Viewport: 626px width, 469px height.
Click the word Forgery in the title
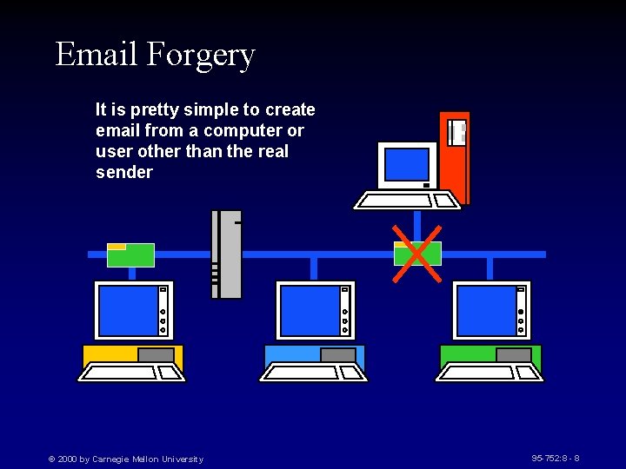coord(201,55)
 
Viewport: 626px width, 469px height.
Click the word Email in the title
coord(97,54)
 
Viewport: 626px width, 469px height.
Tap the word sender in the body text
coord(124,172)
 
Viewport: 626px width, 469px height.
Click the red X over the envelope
coord(415,254)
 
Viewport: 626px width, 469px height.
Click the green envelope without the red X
coord(130,254)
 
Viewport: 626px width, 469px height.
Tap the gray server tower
coord(229,254)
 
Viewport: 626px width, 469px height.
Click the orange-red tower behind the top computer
coord(456,156)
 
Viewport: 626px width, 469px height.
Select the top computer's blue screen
coord(406,164)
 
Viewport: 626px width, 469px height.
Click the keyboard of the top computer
coord(406,201)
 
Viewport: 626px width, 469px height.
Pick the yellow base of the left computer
coord(109,354)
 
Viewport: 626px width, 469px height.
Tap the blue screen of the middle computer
coord(309,310)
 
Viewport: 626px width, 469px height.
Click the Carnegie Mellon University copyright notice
coord(126,459)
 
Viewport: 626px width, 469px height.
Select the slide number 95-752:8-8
coord(556,458)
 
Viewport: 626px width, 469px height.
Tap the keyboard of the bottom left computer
coord(131,373)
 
